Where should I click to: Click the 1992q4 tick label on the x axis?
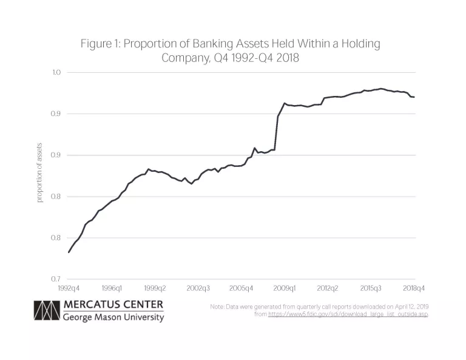pyautogui.click(x=68, y=288)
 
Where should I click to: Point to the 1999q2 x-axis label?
pyautogui.click(x=155, y=288)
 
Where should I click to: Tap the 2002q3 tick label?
pyautogui.click(x=198, y=288)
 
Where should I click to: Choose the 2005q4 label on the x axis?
pyautogui.click(x=241, y=288)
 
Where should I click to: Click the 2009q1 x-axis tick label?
pyautogui.click(x=285, y=288)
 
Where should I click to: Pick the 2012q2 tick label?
pyautogui.click(x=328, y=288)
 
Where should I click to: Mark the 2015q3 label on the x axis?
pyautogui.click(x=371, y=288)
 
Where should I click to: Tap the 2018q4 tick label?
pyautogui.click(x=413, y=288)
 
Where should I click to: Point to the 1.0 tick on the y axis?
pyautogui.click(x=57, y=73)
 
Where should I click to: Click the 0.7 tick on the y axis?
pyautogui.click(x=57, y=279)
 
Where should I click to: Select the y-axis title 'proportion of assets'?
pyautogui.click(x=40, y=175)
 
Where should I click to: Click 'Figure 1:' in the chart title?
pyautogui.click(x=100, y=44)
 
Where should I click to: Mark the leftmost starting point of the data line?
pyautogui.click(x=69, y=252)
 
